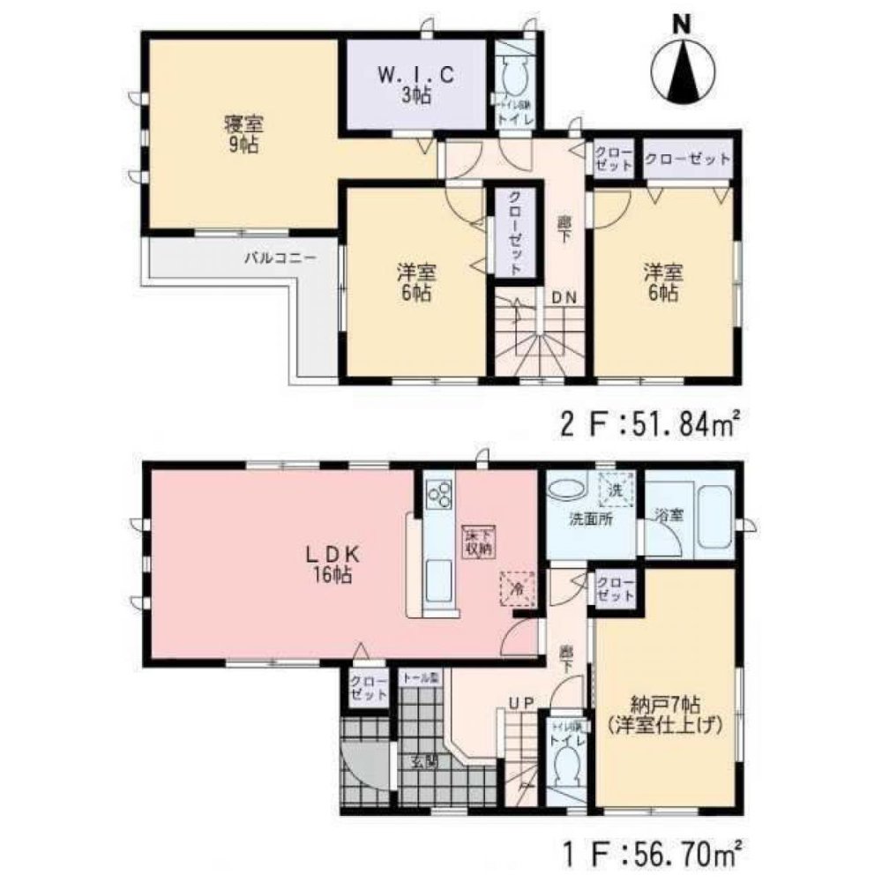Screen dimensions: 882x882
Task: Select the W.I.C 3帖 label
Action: [x=416, y=86]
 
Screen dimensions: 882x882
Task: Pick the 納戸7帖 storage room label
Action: [x=665, y=715]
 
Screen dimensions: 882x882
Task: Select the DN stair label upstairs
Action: [x=564, y=297]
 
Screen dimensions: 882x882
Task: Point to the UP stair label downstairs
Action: [x=518, y=702]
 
